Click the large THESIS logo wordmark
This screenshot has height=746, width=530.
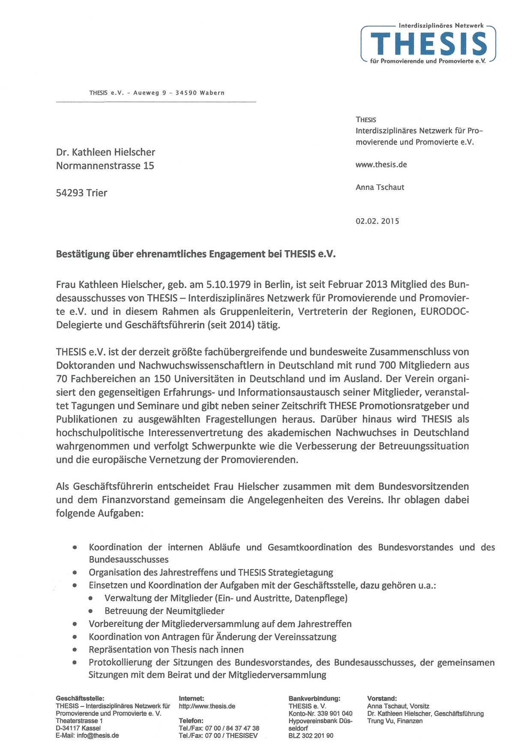428,44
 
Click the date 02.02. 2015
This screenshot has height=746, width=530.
377,222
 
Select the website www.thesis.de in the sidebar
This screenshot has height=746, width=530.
381,165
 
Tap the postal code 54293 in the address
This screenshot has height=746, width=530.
70,193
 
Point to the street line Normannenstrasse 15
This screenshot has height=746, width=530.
105,166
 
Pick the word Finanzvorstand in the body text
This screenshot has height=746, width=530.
130,500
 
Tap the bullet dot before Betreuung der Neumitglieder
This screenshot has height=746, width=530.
91,611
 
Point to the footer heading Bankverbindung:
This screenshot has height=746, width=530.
314,699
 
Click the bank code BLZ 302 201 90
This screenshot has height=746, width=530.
311,736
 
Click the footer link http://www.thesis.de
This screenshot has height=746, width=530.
207,706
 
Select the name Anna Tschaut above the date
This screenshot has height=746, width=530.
380,187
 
